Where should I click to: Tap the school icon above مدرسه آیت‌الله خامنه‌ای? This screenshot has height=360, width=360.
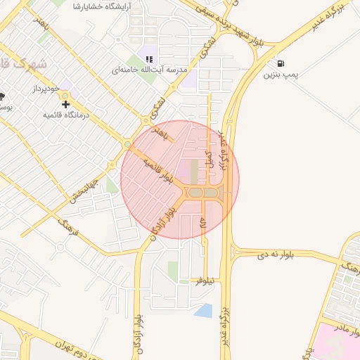148,59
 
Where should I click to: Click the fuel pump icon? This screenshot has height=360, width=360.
281,62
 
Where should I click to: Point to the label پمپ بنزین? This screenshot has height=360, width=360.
280,75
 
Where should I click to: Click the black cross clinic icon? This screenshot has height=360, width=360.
65,103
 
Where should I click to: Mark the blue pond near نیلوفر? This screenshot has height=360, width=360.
204,310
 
